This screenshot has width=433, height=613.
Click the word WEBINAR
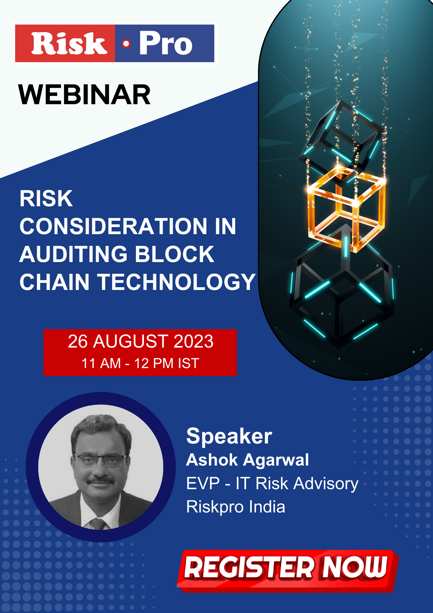(x=85, y=95)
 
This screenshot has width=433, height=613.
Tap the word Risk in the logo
(x=69, y=44)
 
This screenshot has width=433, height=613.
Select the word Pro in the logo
(x=166, y=43)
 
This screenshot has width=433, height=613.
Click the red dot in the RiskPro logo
(x=126, y=44)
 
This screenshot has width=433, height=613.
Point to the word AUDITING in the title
(x=74, y=254)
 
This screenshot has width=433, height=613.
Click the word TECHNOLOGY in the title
(x=176, y=282)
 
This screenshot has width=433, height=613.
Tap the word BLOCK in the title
(x=175, y=254)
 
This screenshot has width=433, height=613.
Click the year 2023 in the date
(x=194, y=341)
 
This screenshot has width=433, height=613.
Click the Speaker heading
(x=229, y=436)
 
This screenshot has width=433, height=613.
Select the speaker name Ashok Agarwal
(x=248, y=460)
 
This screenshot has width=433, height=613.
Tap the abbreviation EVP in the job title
(x=203, y=483)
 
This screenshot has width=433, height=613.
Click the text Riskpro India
(x=236, y=507)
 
